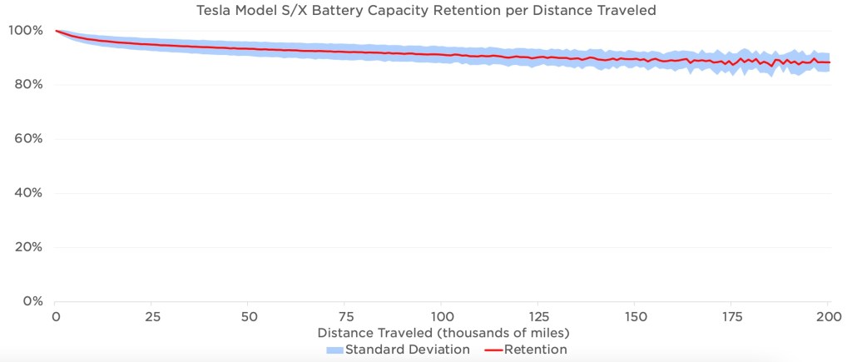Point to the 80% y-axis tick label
[26, 85]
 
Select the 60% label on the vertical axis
[26, 139]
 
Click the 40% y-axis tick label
[26, 193]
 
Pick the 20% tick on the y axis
[26, 247]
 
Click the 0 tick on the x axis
[56, 317]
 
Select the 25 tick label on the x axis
[152, 317]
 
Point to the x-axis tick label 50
[249, 317]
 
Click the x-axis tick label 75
[345, 317]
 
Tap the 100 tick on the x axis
[442, 317]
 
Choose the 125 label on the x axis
[538, 317]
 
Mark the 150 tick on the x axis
[635, 317]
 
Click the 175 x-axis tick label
[731, 317]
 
